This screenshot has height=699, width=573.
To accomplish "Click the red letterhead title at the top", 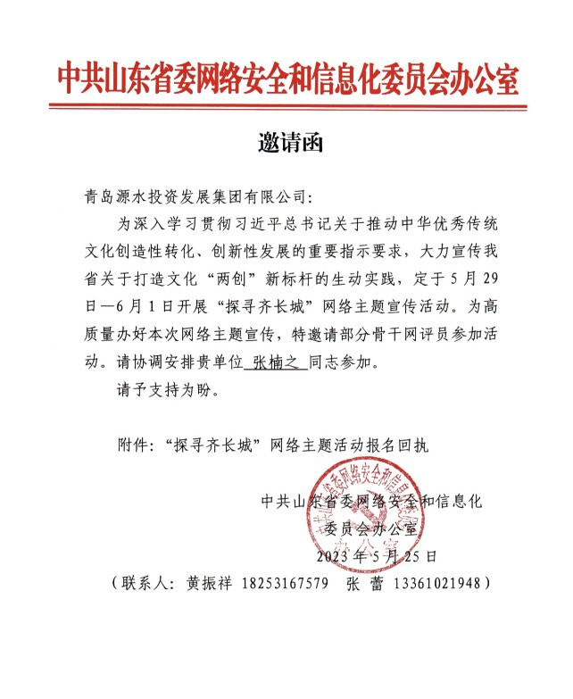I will pyautogui.click(x=286, y=78).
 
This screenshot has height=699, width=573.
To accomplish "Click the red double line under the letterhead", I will pyautogui.click(x=286, y=107).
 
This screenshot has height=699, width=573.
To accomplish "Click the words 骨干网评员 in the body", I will pyautogui.click(x=433, y=335).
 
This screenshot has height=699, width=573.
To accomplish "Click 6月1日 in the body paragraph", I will pyautogui.click(x=134, y=307).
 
